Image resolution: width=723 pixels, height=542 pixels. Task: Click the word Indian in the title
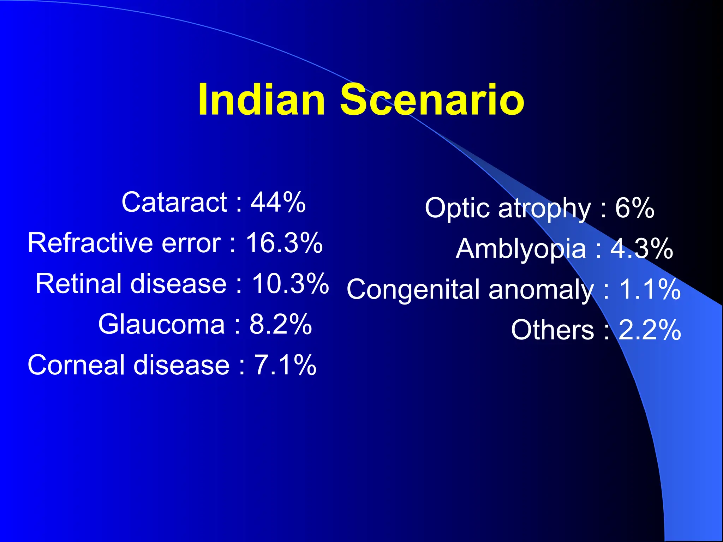pyautogui.click(x=261, y=100)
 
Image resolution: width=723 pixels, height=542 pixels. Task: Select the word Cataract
pyautogui.click(x=174, y=202)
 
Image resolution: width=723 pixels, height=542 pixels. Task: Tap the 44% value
pyautogui.click(x=278, y=202)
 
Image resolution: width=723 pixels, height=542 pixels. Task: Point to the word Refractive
pyautogui.click(x=90, y=243)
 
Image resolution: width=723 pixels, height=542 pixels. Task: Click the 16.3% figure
pyautogui.click(x=284, y=243)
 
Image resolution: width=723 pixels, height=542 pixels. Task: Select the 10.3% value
pyautogui.click(x=290, y=284)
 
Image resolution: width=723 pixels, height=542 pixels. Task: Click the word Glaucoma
pyautogui.click(x=161, y=324)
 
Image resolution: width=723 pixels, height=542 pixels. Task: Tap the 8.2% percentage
pyautogui.click(x=281, y=324)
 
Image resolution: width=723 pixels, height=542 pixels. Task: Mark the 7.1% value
pyautogui.click(x=285, y=365)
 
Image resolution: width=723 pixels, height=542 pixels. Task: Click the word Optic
pyautogui.click(x=457, y=208)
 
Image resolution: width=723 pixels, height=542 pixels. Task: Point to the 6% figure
pyautogui.click(x=635, y=208)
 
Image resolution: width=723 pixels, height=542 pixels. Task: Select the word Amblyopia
pyautogui.click(x=521, y=249)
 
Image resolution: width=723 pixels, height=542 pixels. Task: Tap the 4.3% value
pyautogui.click(x=642, y=249)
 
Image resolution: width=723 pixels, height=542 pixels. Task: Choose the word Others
pyautogui.click(x=552, y=330)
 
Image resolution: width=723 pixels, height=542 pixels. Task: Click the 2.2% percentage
pyautogui.click(x=650, y=330)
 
